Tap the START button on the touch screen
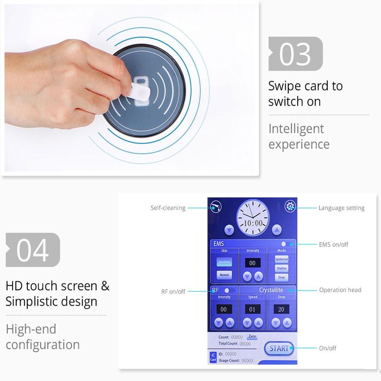click(x=279, y=348)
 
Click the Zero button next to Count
click(x=252, y=337)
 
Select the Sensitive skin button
click(x=224, y=262)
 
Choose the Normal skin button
click(x=224, y=275)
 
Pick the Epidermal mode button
click(x=281, y=259)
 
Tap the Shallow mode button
click(x=281, y=268)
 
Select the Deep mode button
click(x=281, y=278)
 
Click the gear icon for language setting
click(x=291, y=206)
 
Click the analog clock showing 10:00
click(x=253, y=218)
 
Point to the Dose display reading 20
click(x=281, y=309)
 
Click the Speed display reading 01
click(x=252, y=309)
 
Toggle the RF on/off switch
click(x=229, y=290)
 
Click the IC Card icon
click(x=213, y=357)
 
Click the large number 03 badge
click(x=295, y=54)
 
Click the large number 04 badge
click(x=33, y=250)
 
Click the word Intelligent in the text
click(x=296, y=129)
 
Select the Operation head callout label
click(x=340, y=290)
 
